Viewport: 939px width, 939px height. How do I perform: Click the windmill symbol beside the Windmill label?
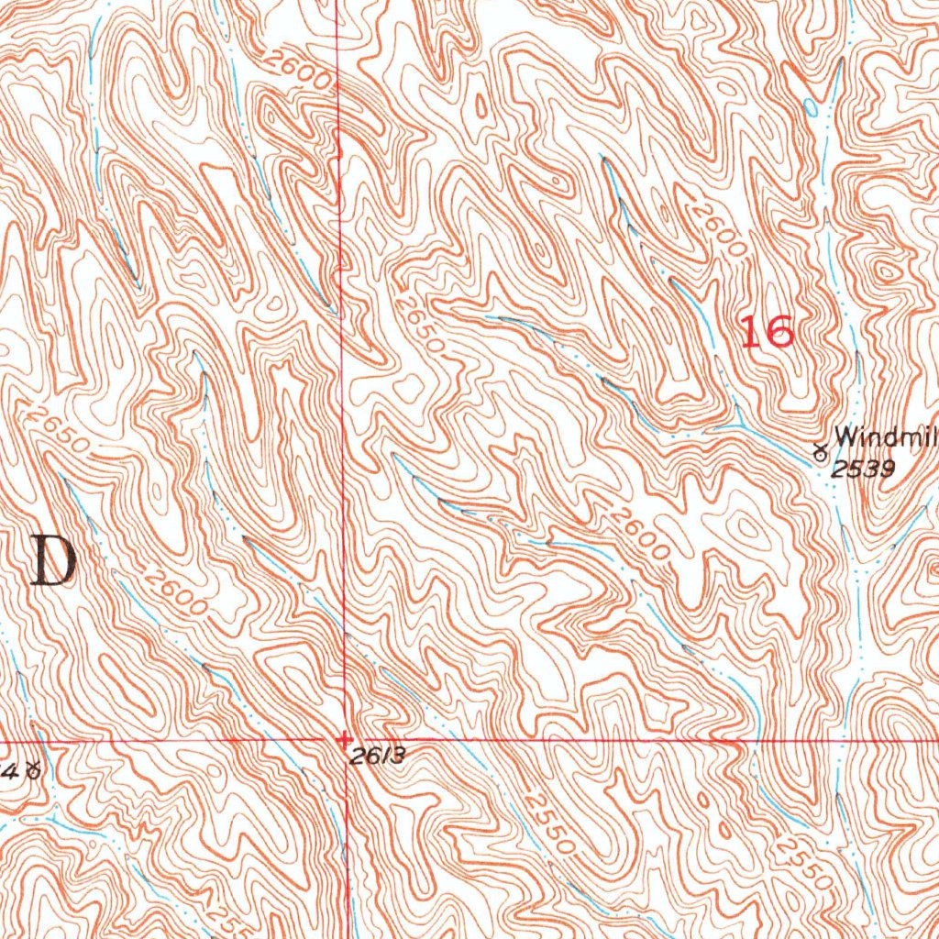coord(820,450)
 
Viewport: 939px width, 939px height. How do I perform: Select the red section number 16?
coord(768,331)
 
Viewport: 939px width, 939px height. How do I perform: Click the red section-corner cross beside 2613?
coord(344,738)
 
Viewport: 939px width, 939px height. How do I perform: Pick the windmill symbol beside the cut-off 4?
coord(34,770)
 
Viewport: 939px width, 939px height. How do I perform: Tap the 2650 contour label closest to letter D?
coord(61,429)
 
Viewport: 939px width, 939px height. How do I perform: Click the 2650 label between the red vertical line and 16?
coord(421,324)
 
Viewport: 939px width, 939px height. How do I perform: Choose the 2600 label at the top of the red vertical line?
coord(300,71)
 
